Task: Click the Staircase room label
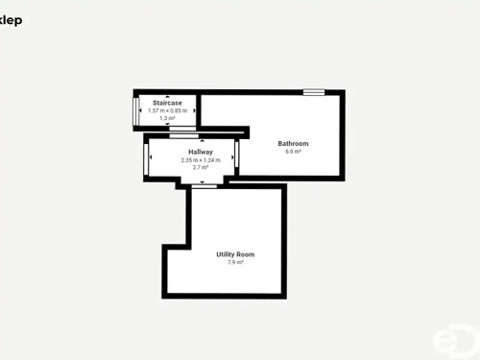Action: click(x=167, y=103)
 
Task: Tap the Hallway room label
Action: click(x=201, y=152)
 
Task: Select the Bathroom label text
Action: click(x=293, y=144)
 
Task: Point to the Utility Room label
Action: click(x=235, y=254)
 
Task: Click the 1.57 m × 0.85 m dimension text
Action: click(x=167, y=110)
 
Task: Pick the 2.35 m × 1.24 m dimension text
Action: click(x=201, y=159)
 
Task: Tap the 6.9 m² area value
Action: click(x=293, y=152)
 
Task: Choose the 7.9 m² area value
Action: click(x=235, y=262)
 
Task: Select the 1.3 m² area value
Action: click(x=167, y=118)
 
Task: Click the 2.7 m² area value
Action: click(x=201, y=167)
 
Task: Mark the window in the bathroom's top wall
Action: click(x=314, y=92)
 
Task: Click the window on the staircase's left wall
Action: click(x=136, y=110)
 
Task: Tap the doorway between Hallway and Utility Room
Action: click(x=204, y=186)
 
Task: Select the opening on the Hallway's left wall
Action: click(x=146, y=159)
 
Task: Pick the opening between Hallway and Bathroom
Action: click(x=236, y=159)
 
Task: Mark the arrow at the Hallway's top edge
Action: click(x=201, y=141)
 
